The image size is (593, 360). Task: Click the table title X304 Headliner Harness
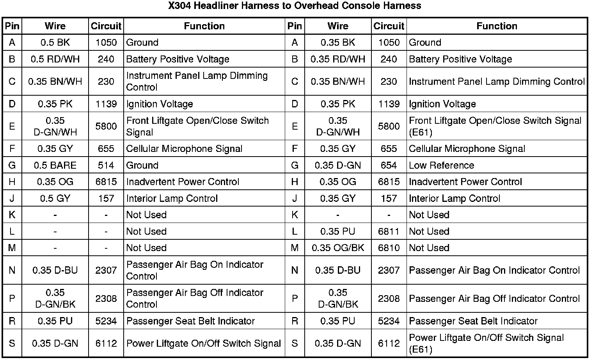pos(295,6)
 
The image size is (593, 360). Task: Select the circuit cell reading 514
pos(106,165)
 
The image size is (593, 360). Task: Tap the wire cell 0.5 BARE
pos(55,165)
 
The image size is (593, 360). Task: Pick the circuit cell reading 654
pos(389,165)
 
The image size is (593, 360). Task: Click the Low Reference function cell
pos(441,165)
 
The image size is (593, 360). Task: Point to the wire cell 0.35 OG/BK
pos(338,248)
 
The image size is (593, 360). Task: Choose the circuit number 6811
pos(389,232)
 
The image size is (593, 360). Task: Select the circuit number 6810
pos(389,248)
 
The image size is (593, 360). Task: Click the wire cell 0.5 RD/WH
pos(55,59)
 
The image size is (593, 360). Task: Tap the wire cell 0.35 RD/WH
pos(338,59)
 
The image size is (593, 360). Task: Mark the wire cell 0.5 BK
pos(55,43)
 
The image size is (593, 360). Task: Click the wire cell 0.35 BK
pos(338,43)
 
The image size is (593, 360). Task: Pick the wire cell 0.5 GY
pos(55,198)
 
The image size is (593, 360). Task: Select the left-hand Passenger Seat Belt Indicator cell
pos(190,321)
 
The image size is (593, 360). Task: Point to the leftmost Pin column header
pos(12,26)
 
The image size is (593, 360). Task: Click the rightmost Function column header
pos(497,26)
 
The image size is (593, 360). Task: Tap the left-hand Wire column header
pos(55,26)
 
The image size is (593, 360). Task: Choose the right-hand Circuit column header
pos(389,26)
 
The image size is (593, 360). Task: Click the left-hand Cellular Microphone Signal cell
pos(184,149)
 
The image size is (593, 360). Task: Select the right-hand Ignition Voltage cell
pos(442,104)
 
